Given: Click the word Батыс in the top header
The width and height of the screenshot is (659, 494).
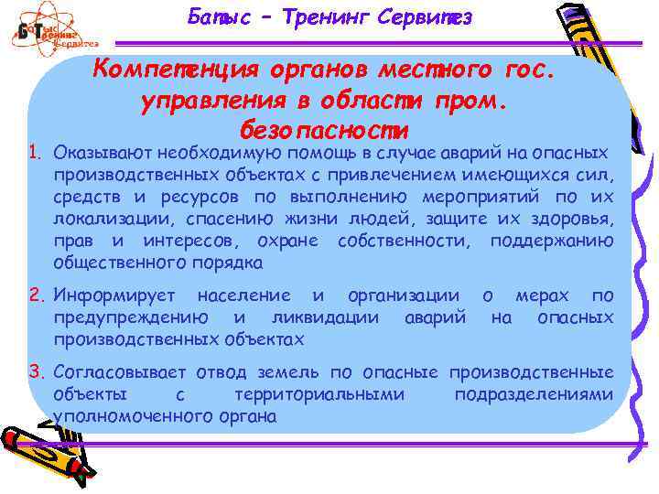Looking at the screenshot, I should tap(216, 16).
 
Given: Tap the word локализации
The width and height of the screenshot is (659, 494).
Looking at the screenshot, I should tap(113, 220).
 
